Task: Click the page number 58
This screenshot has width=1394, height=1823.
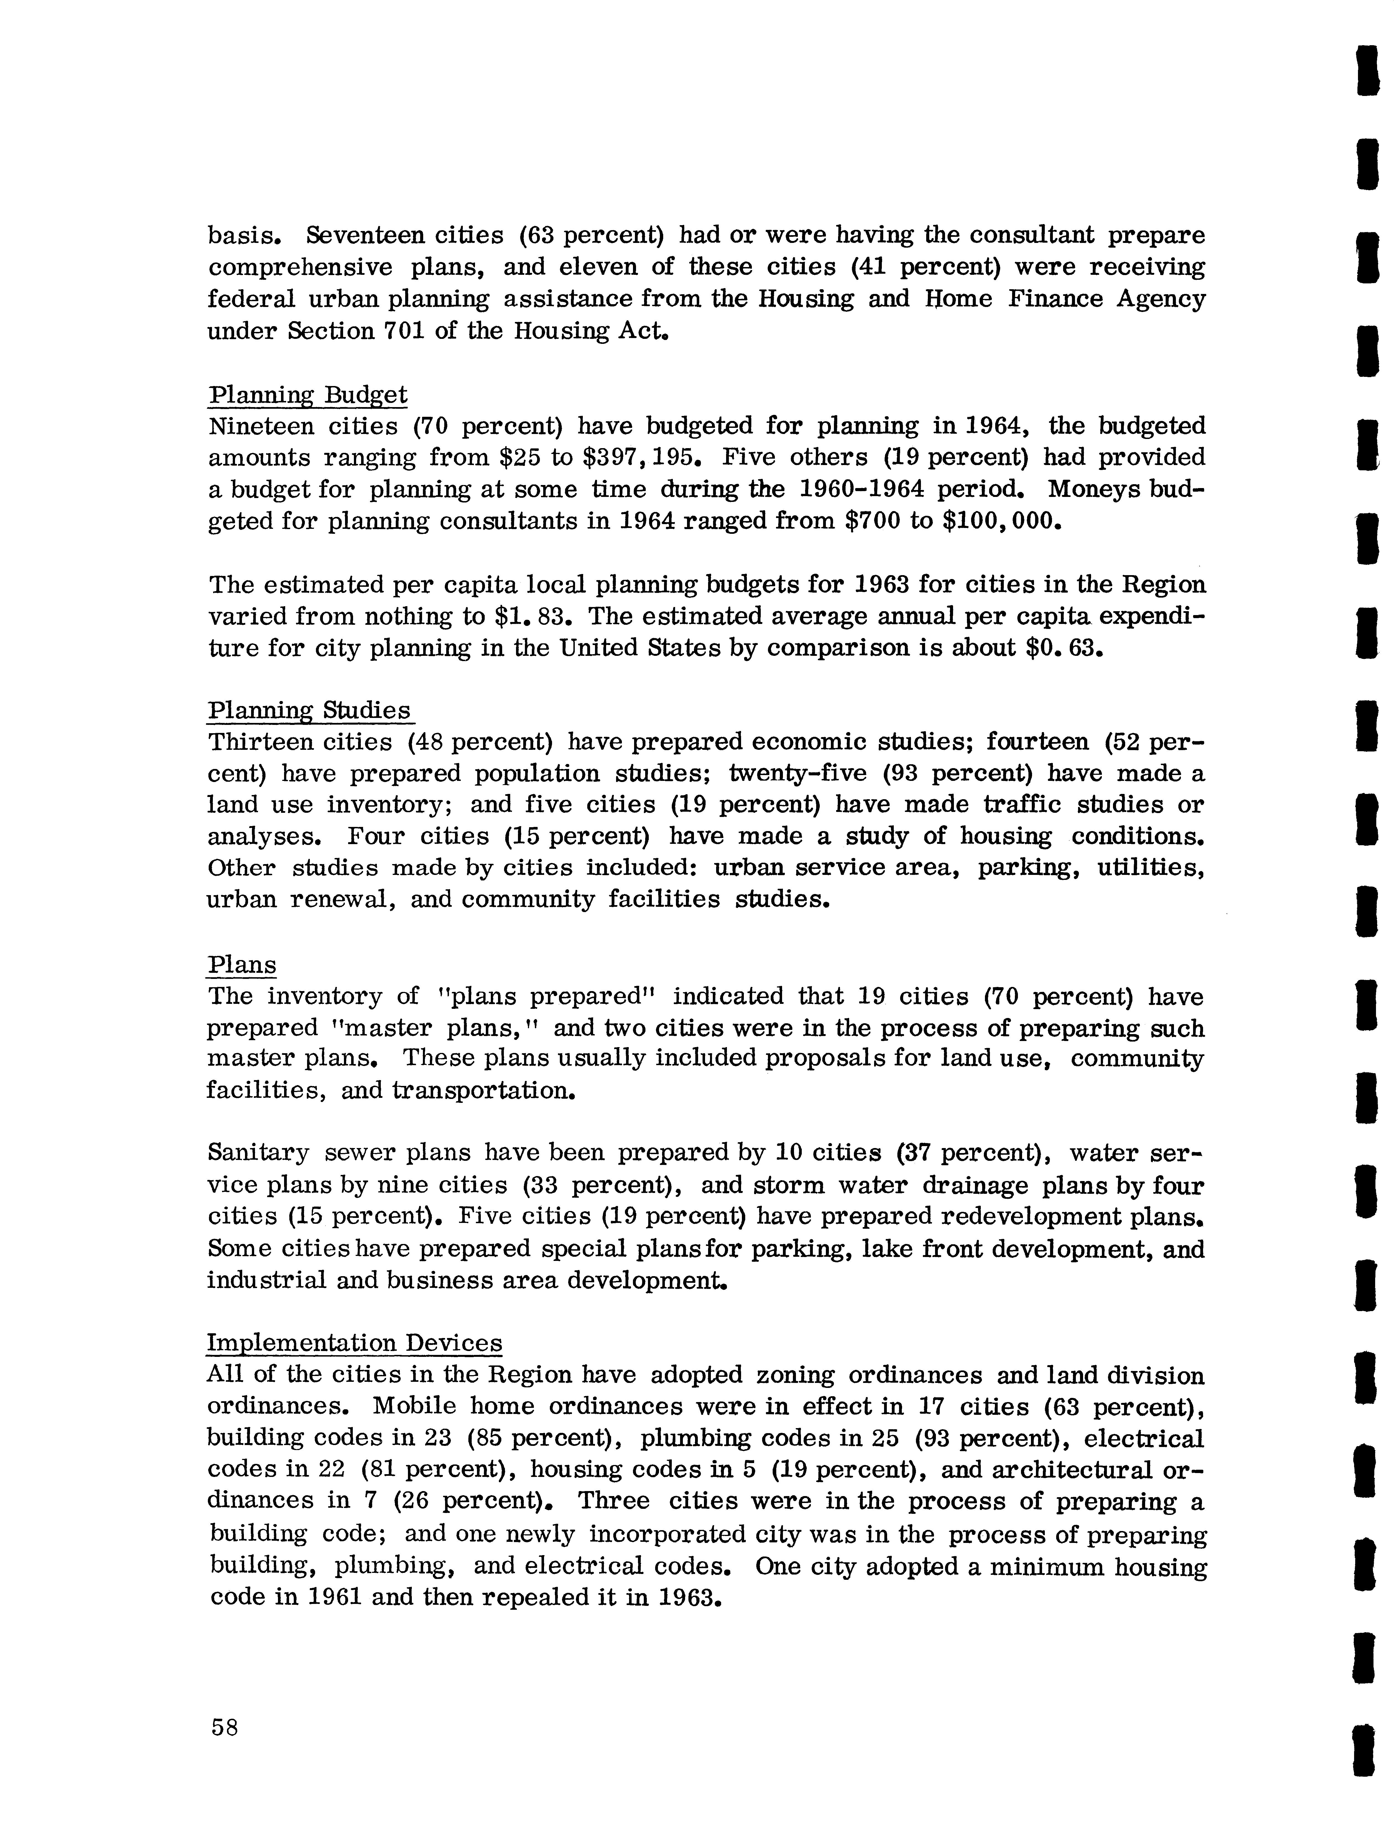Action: (225, 1728)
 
